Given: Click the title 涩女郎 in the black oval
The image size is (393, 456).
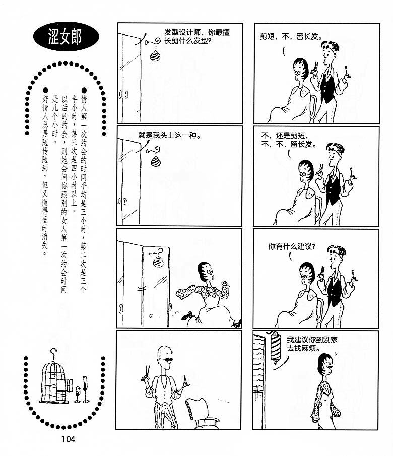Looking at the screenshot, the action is click(x=65, y=37).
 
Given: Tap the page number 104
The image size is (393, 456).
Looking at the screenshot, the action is click(x=68, y=439).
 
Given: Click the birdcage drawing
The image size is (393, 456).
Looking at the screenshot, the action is click(x=55, y=377).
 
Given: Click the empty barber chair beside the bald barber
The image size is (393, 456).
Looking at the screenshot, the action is click(x=202, y=414).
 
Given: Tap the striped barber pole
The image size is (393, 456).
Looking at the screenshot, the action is click(x=275, y=348).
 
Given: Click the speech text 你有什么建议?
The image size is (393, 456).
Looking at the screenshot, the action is click(x=292, y=247).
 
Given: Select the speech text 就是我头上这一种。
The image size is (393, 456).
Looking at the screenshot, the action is click(x=169, y=135).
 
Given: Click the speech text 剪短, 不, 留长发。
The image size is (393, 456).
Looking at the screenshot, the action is click(x=291, y=37).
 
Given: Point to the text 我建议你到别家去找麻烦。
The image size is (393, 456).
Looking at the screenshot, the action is click(x=312, y=344).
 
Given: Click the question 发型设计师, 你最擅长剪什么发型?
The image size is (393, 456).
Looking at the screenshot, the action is click(x=197, y=36).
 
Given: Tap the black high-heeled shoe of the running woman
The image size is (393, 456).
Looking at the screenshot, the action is click(x=187, y=315).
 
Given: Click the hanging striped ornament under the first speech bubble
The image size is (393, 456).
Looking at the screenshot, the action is click(x=155, y=56).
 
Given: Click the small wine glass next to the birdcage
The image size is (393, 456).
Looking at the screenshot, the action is click(x=78, y=395).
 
